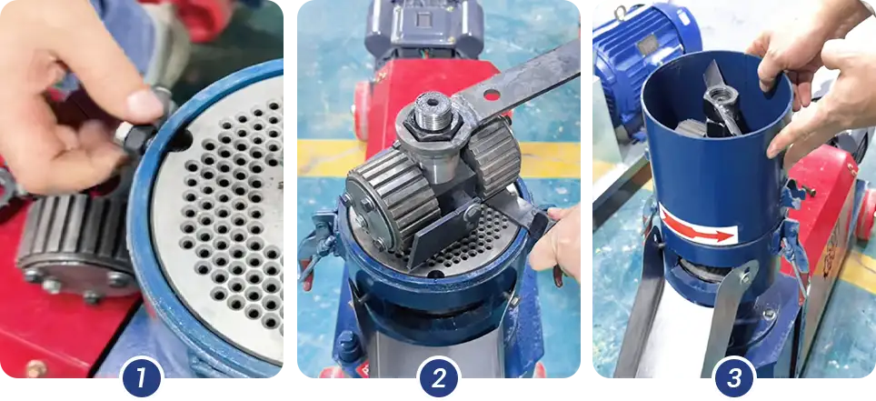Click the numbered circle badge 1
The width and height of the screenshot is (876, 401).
pyautogui.click(x=140, y=377)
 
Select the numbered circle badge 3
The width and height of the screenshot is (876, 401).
pyautogui.click(x=734, y=377)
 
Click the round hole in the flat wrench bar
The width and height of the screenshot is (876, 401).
pyautogui.click(x=493, y=94)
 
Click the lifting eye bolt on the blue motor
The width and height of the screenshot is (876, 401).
pyautogui.click(x=622, y=12)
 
